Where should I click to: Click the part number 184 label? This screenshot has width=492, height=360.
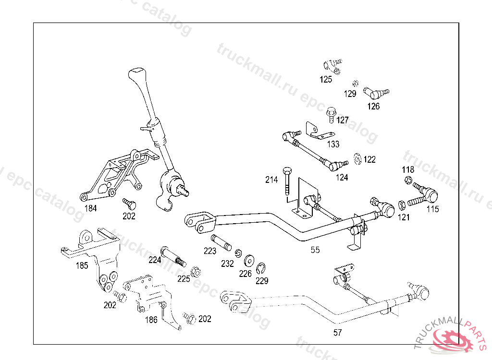(x=91, y=208)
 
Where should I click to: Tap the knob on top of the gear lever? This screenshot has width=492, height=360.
(x=136, y=75)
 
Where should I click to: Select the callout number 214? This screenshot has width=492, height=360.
(x=271, y=180)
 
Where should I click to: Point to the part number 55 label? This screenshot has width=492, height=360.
(x=315, y=250)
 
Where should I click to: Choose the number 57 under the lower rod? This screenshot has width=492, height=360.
(x=338, y=332)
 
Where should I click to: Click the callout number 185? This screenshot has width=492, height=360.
(x=83, y=265)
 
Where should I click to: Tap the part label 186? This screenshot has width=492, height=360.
(x=151, y=320)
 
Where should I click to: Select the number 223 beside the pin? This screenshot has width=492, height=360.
(x=210, y=251)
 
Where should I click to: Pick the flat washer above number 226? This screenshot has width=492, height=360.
(x=249, y=261)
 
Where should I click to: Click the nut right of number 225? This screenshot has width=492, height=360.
(x=196, y=272)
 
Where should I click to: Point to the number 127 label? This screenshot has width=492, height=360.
(x=343, y=120)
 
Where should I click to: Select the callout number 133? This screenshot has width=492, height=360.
(x=333, y=144)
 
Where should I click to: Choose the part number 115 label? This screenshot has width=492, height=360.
(x=432, y=209)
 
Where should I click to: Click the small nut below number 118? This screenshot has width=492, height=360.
(x=407, y=181)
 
